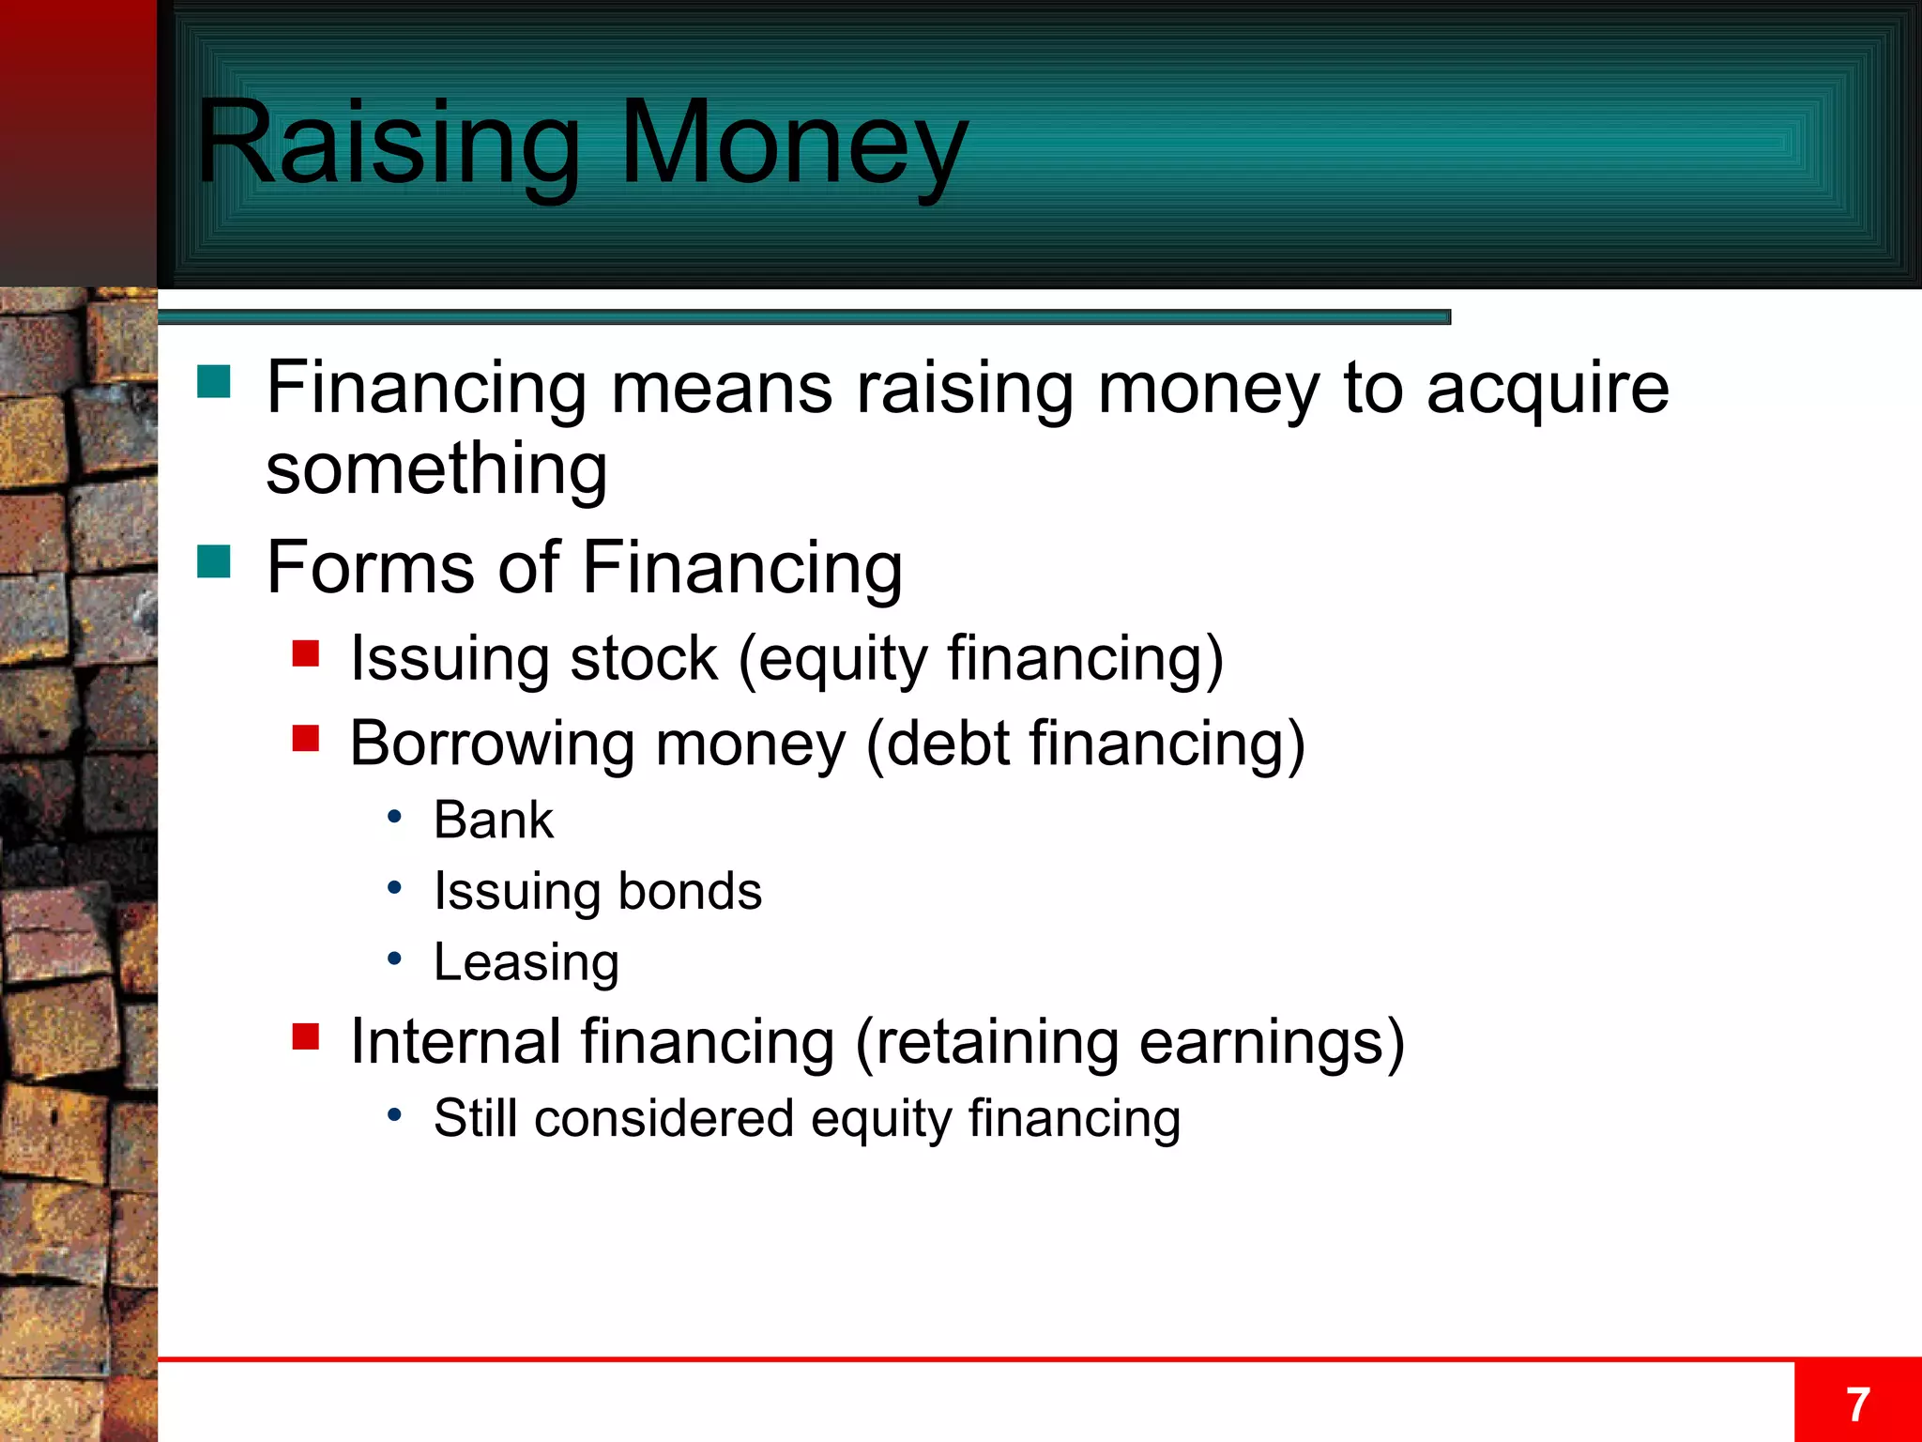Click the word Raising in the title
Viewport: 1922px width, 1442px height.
click(x=388, y=143)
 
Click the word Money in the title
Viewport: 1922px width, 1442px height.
click(x=793, y=143)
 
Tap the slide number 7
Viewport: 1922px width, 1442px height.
click(x=1857, y=1404)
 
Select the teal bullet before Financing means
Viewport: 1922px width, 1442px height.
click(x=214, y=382)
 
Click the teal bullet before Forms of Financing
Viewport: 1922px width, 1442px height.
click(x=214, y=561)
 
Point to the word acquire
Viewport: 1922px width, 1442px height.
click(x=1548, y=389)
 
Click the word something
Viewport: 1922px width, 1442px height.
click(x=436, y=468)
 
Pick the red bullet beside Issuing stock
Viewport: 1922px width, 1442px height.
click(x=306, y=652)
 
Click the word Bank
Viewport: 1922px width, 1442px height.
click(x=493, y=820)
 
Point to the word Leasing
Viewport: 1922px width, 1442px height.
click(x=526, y=962)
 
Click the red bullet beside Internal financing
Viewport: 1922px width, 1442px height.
click(x=306, y=1036)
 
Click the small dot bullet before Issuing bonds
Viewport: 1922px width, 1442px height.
click(x=395, y=887)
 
